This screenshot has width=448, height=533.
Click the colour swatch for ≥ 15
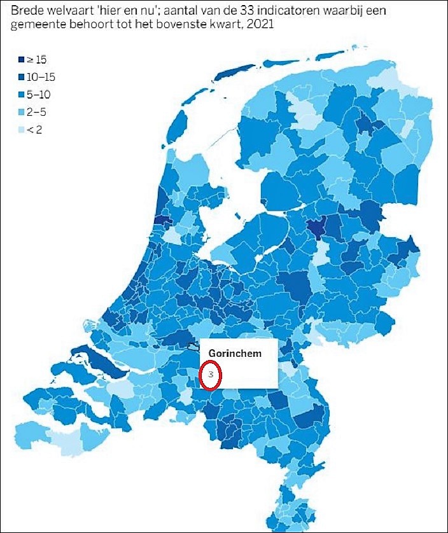pyautogui.click(x=21, y=60)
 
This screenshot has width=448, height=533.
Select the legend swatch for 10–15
pyautogui.click(x=21, y=77)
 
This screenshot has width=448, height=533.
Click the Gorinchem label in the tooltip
pyautogui.click(x=235, y=354)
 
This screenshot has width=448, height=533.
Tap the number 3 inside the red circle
pyautogui.click(x=211, y=375)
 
